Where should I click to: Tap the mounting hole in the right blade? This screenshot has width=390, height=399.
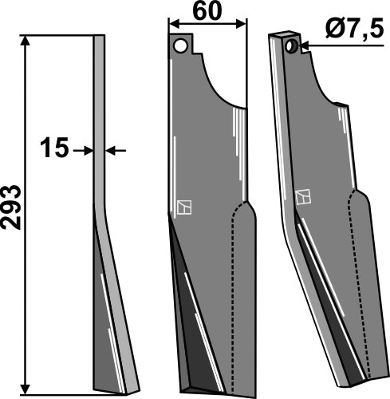coord(292,47)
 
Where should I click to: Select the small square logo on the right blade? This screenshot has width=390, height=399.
coord(304,196)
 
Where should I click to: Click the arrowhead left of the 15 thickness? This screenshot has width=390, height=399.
coord(89,149)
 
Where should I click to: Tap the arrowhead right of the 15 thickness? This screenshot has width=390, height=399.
coord(109,149)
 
